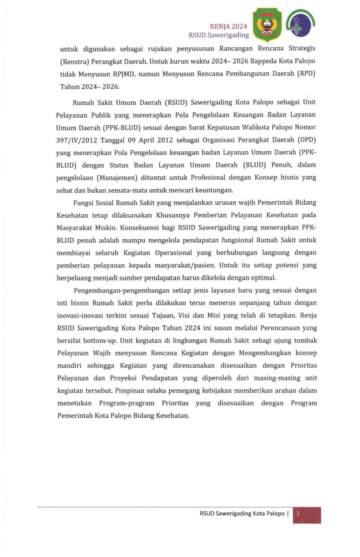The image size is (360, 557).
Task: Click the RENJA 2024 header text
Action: click(x=228, y=26)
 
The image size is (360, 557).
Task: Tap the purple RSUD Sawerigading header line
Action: click(x=218, y=35)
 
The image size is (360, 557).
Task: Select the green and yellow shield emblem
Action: click(x=267, y=25)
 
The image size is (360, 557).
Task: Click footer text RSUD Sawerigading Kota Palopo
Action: click(x=242, y=513)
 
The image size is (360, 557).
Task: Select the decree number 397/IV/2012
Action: click(x=76, y=140)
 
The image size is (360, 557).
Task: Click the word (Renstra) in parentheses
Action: click(x=74, y=62)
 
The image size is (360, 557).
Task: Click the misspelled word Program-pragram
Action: click(x=126, y=403)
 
